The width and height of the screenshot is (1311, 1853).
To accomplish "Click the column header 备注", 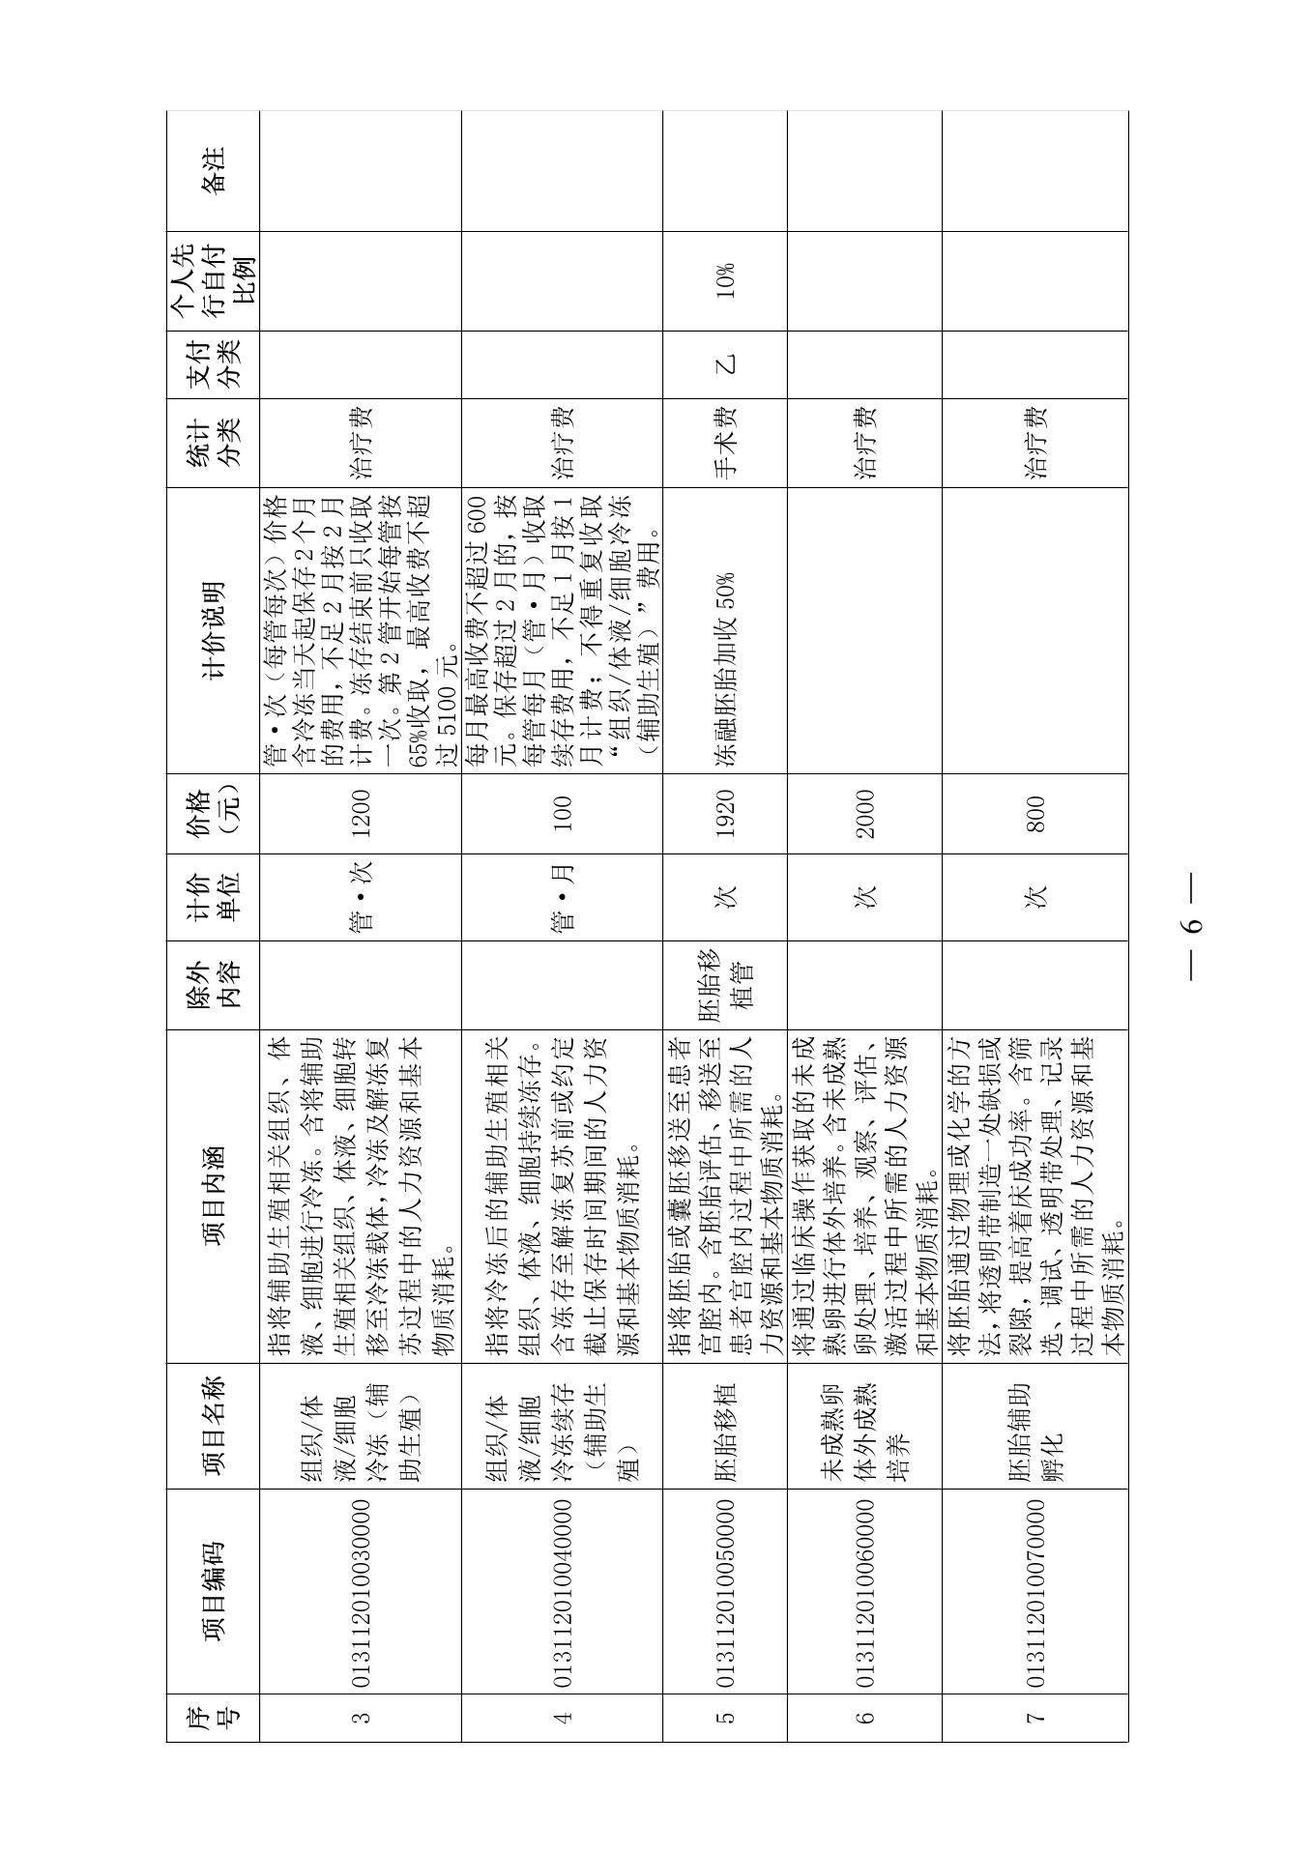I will tap(213, 170).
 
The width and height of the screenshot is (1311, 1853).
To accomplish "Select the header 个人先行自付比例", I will tap(213, 280).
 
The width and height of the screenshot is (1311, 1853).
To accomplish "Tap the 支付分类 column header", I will tap(213, 364).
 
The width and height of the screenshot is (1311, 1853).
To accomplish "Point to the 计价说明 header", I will tap(213, 629).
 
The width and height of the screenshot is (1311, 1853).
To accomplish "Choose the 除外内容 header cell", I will tap(213, 985).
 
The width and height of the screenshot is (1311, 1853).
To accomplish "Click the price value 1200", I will tap(362, 813).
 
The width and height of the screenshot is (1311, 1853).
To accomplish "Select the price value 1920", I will tap(726, 813).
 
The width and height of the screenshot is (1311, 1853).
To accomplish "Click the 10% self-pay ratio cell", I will tap(726, 280).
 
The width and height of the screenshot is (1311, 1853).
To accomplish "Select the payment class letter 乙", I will tap(726, 364).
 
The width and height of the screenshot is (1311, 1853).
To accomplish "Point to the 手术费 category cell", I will tap(726, 442).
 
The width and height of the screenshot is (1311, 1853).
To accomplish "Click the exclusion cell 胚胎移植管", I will tap(726, 985).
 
